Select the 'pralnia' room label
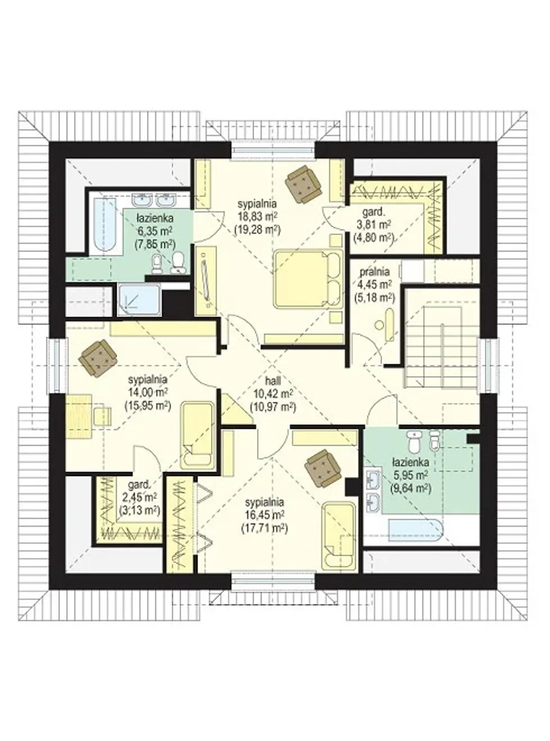375,272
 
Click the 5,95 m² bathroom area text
410,475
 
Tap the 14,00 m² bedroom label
147,392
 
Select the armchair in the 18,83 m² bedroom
303,182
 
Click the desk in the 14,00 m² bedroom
79,416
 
